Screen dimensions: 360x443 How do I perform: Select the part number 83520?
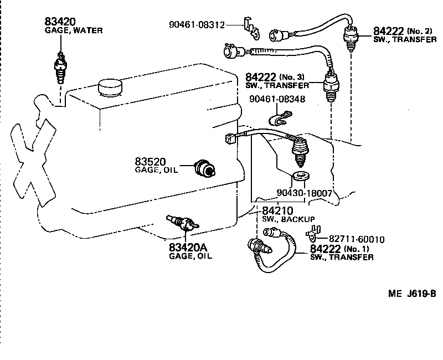[150, 162]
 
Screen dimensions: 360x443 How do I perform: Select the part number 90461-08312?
[197, 24]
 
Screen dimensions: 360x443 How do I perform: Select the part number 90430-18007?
[303, 194]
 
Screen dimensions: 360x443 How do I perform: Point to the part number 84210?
[277, 210]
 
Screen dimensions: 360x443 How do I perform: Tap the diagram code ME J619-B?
[412, 294]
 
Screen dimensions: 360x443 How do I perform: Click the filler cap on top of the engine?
[109, 86]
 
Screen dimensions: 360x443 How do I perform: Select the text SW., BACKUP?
[289, 219]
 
